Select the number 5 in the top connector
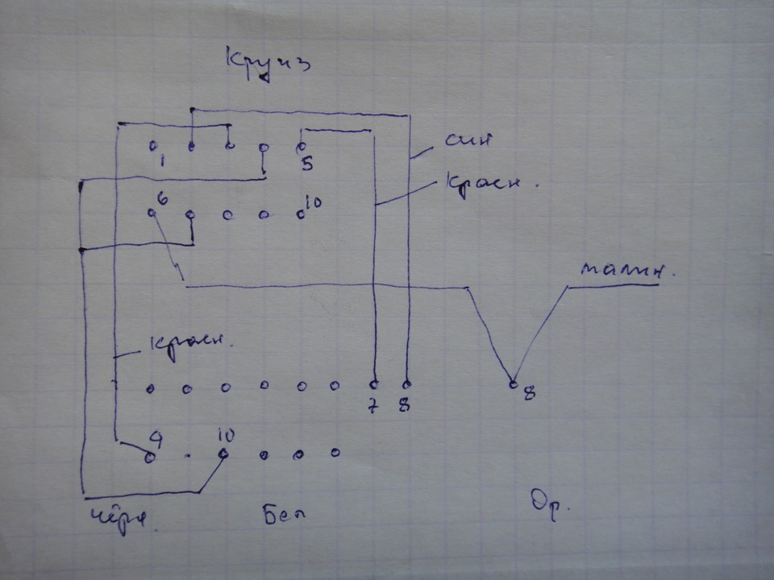(x=307, y=164)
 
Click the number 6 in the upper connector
(x=162, y=198)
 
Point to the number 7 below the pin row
(x=372, y=405)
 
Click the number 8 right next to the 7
(x=404, y=404)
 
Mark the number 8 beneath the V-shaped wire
(x=529, y=395)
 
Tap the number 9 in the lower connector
(x=156, y=438)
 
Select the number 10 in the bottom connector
(x=227, y=436)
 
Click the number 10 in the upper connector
(x=314, y=202)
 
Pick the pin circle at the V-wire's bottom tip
(x=512, y=383)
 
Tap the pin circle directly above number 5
(x=300, y=147)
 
